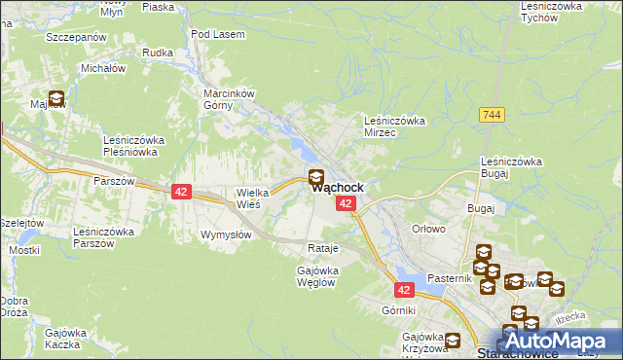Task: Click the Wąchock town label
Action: pyautogui.click(x=338, y=188)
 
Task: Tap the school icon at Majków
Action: pyautogui.click(x=56, y=98)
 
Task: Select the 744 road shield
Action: pyautogui.click(x=491, y=115)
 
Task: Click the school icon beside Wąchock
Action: pyautogui.click(x=315, y=177)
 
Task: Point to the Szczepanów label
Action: pyautogui.click(x=75, y=36)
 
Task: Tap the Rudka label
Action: pyautogui.click(x=157, y=54)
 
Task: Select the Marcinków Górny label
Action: pyautogui.click(x=228, y=99)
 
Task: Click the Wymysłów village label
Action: pyautogui.click(x=227, y=235)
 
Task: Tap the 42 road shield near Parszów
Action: pyautogui.click(x=180, y=192)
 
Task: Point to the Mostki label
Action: pyautogui.click(x=23, y=250)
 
